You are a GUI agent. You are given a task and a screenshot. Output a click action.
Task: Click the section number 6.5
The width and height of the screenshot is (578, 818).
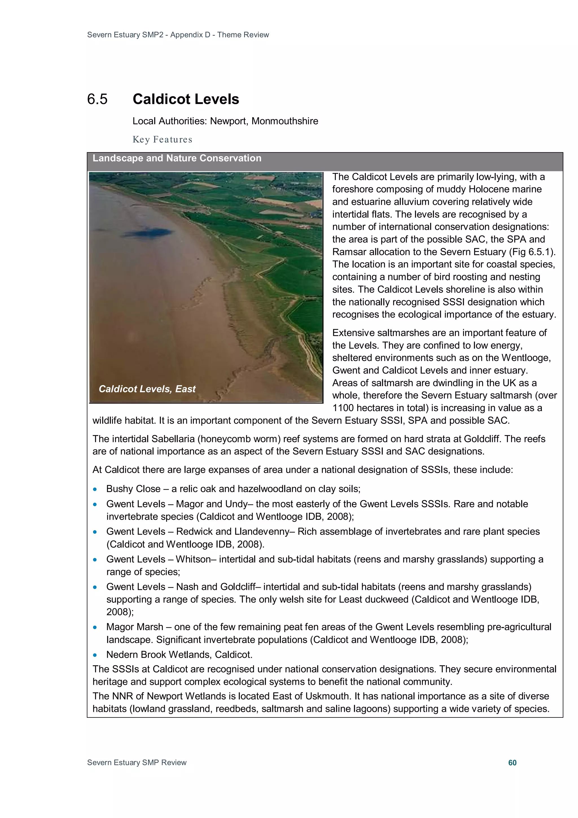97,99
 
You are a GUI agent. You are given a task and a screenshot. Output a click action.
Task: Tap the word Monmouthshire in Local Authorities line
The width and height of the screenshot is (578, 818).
284,121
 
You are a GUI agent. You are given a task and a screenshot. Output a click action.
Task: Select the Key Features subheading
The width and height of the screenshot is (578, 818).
162,139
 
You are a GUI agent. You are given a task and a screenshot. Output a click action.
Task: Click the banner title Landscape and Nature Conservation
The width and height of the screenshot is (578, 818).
177,158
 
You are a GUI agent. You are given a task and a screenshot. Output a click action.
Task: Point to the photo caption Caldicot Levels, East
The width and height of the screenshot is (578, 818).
147,389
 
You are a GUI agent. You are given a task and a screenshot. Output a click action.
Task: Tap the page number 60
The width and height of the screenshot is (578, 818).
512,762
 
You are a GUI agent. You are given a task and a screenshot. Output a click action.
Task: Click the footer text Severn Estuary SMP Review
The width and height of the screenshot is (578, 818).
137,762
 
